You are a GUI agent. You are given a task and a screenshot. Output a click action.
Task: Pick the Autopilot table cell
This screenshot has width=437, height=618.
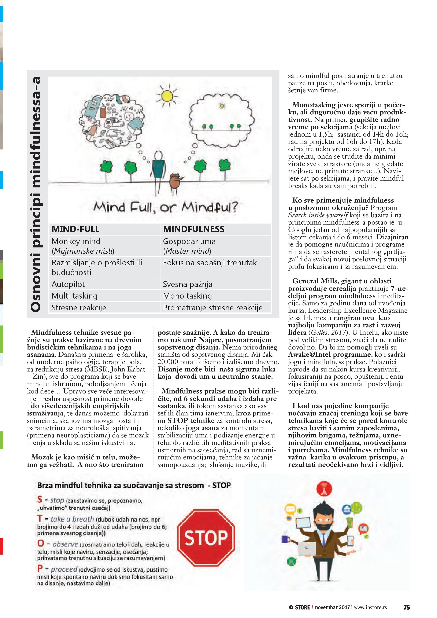[68, 284]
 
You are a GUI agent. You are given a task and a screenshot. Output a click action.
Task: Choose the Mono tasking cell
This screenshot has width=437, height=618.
[187, 296]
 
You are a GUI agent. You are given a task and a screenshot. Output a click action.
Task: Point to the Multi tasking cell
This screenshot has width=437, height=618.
[75, 296]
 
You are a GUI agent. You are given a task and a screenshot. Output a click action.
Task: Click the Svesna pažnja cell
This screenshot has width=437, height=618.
[188, 284]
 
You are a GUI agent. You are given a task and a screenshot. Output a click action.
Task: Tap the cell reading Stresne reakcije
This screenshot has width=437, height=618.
[79, 308]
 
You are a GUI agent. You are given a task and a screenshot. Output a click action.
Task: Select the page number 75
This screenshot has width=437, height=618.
[406, 607]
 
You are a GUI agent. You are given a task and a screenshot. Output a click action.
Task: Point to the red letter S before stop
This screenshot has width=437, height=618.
[40, 500]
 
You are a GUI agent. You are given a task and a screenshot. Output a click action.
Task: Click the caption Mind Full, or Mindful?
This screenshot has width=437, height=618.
[166, 208]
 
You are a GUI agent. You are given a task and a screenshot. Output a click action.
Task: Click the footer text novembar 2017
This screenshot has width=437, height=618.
[332, 607]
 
